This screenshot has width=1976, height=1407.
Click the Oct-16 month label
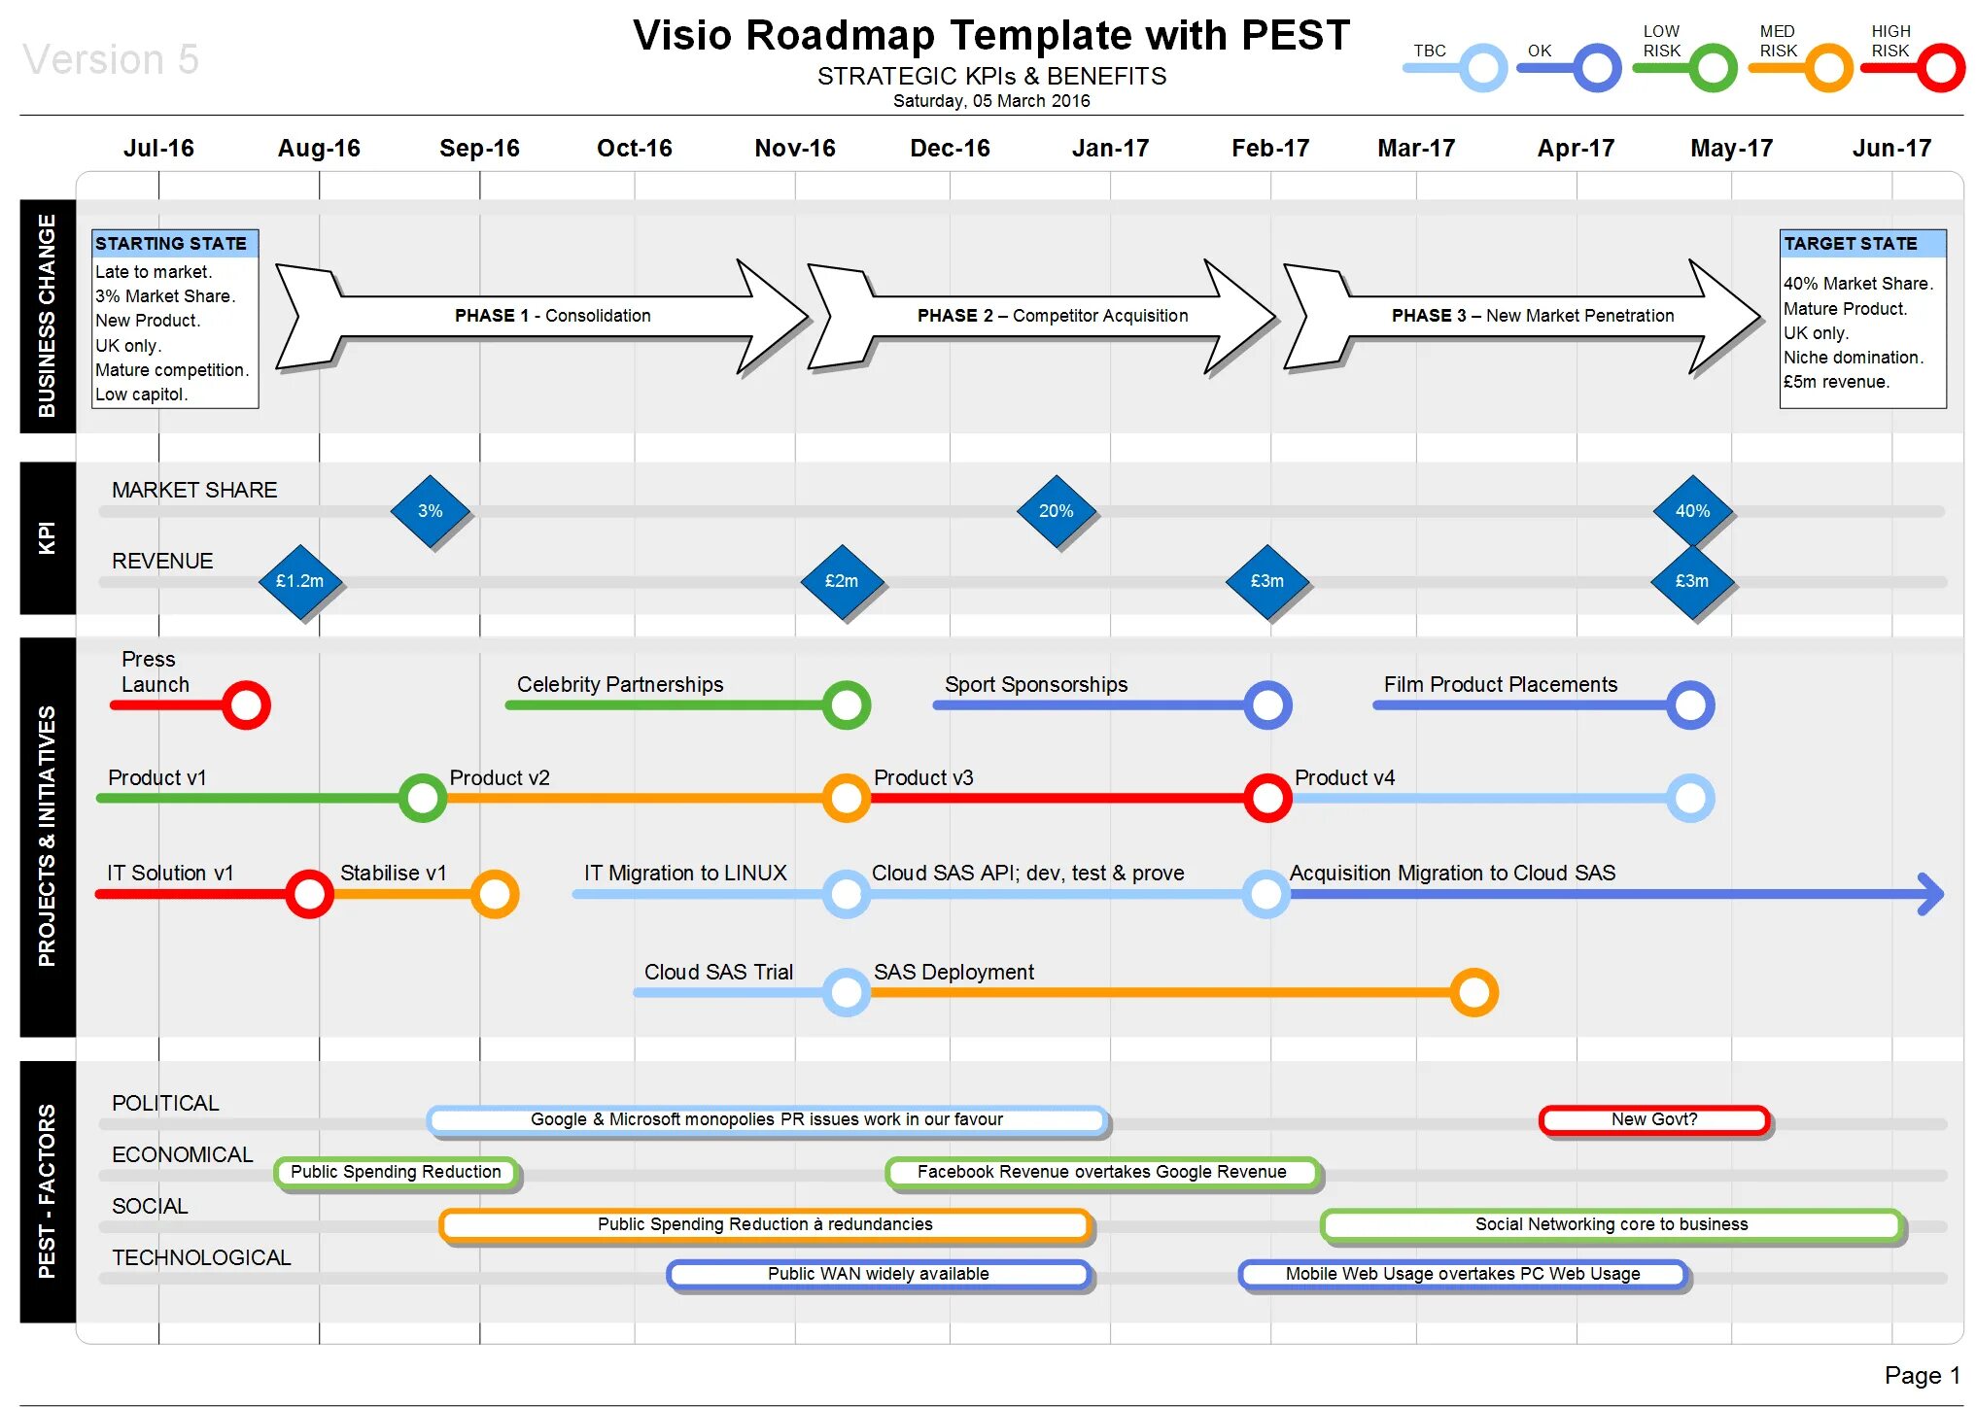pos(634,148)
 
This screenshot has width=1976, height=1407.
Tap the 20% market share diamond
pos(1056,511)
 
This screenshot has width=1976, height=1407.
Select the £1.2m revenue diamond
pos(299,581)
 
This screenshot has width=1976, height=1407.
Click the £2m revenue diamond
pos(842,581)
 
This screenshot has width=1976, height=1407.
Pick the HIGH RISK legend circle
pos(1940,68)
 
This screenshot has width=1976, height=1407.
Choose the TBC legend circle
pos(1483,68)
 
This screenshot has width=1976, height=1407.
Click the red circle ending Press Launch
pos(246,704)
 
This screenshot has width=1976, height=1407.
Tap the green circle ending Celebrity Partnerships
pos(846,704)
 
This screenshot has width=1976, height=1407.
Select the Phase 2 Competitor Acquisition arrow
pos(1041,316)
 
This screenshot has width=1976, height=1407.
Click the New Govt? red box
pos(1654,1119)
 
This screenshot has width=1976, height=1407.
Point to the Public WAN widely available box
pos(879,1274)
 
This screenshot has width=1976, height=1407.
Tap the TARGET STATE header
pos(1862,243)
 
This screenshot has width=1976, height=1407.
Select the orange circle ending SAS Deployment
pos(1473,992)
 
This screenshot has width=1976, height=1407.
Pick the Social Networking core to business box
pos(1612,1224)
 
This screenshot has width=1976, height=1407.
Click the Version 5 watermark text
pos(111,59)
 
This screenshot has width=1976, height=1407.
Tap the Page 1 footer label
pos(1922,1375)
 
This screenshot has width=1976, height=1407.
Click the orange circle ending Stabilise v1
pos(495,894)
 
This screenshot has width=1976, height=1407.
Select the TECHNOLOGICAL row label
pos(201,1257)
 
